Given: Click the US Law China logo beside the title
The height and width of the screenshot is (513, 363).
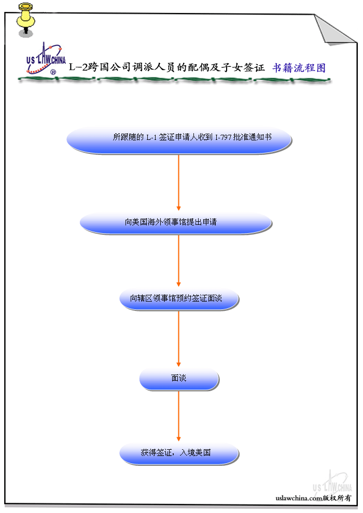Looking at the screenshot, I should pos(46,59).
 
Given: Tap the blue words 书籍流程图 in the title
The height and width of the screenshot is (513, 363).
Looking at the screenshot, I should pos(299,68).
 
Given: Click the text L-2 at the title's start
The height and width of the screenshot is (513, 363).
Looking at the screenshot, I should pos(78,67).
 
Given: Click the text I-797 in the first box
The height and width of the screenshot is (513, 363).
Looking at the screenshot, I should pos(223,137).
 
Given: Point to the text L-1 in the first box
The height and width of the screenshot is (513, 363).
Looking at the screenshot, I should pos(150,137).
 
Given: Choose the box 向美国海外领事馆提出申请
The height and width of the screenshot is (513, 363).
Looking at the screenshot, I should pos(176,223).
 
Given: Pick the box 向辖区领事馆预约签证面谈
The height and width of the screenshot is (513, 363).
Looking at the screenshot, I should pos(179,299).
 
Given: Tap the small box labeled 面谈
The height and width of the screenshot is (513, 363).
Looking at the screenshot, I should pos(179,379).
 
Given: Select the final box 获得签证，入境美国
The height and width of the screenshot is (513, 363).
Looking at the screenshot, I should pos(179,453).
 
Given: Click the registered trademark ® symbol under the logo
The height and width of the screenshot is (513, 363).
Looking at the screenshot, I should pos(53,73).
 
